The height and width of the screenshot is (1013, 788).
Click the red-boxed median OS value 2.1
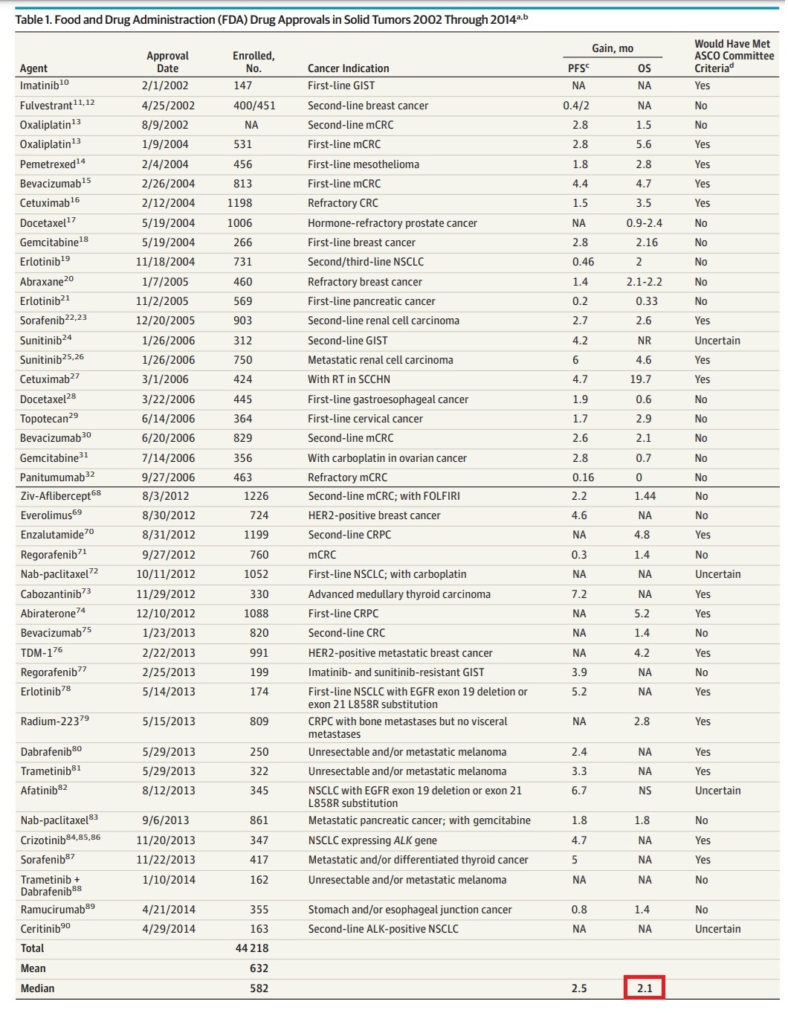[644, 988]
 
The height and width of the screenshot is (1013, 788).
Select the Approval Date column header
[167, 62]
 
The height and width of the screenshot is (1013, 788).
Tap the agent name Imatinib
[40, 86]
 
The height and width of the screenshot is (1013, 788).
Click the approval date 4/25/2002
[168, 106]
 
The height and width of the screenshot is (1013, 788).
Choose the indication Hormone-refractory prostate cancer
[392, 223]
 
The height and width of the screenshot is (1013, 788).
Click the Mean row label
[33, 968]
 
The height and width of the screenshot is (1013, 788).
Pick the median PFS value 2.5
[579, 988]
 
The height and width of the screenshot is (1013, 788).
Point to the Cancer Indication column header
[348, 68]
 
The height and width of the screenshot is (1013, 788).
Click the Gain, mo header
[613, 48]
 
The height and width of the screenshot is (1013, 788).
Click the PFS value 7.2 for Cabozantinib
[579, 594]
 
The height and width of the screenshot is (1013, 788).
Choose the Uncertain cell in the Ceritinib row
[717, 929]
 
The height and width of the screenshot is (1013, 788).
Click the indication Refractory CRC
[343, 203]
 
